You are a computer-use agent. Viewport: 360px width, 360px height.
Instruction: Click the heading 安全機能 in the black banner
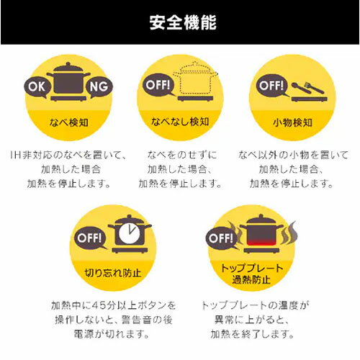tap(179, 22)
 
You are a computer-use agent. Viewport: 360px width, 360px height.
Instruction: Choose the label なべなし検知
tap(179, 122)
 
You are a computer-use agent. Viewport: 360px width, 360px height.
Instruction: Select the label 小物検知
tap(291, 122)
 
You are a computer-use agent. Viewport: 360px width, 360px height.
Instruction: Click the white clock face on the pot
tap(127, 232)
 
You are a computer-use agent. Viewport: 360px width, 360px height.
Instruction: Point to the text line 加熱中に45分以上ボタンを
tap(113, 305)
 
